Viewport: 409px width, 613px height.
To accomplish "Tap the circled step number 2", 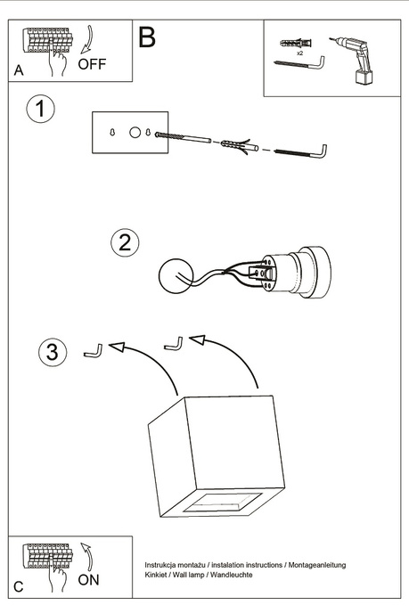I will (x=126, y=241).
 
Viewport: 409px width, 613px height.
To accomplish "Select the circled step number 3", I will (x=53, y=352).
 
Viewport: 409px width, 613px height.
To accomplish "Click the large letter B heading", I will (x=147, y=37).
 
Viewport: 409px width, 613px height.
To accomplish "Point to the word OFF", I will (x=92, y=64).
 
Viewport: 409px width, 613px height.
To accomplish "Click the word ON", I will (x=89, y=579).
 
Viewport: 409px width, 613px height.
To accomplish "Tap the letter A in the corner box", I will (x=19, y=70).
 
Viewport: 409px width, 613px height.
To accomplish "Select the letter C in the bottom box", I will (x=19, y=587).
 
